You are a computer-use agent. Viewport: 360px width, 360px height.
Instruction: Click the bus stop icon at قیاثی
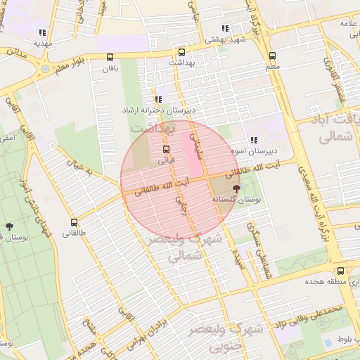167,150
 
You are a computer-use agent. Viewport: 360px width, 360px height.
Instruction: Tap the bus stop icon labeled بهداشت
182,52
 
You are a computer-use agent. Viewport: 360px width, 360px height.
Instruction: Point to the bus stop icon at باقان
109,58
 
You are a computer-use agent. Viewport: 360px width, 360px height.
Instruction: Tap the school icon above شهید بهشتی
225,29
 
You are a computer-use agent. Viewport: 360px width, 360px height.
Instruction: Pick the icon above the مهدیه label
43,32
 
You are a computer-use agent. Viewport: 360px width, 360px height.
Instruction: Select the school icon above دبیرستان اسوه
253,140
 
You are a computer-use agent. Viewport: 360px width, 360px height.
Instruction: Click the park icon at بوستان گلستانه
236,188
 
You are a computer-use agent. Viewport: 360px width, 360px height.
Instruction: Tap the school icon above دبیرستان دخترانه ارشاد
158,99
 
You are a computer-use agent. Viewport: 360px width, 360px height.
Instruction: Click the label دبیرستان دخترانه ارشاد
160,110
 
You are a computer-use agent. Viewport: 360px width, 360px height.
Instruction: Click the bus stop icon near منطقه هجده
340,271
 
